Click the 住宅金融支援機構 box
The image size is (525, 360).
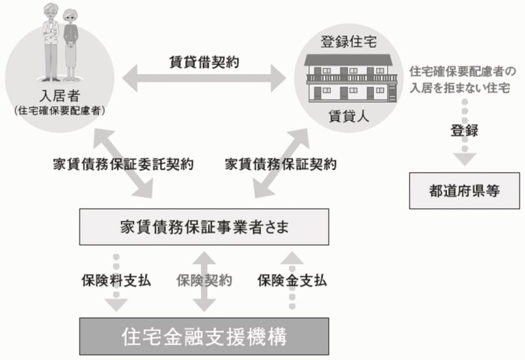click(x=204, y=336)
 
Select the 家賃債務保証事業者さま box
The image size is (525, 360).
click(x=204, y=227)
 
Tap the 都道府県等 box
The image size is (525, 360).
click(x=465, y=191)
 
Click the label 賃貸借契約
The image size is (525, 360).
click(x=204, y=62)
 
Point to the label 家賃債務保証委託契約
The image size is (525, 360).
click(x=123, y=165)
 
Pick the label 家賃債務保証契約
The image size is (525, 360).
click(x=281, y=165)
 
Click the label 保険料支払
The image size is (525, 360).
click(x=116, y=281)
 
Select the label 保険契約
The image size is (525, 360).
click(x=204, y=281)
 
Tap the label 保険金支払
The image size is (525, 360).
click(x=292, y=281)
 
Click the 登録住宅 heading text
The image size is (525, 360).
click(x=348, y=42)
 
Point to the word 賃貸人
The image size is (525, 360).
click(x=348, y=116)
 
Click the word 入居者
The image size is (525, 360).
click(x=60, y=96)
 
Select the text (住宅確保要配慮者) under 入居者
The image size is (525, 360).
click(x=60, y=111)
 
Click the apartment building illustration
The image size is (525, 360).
click(x=350, y=78)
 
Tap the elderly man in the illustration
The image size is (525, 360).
click(x=51, y=42)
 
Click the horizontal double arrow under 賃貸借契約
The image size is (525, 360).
click(x=204, y=78)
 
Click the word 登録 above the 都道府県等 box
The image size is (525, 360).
click(x=465, y=130)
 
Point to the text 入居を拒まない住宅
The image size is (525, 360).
click(x=460, y=88)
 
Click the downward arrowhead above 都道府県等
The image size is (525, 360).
click(x=465, y=159)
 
